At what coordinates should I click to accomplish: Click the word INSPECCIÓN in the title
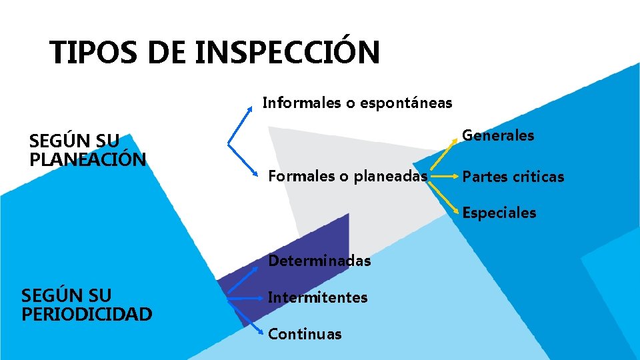(x=287, y=53)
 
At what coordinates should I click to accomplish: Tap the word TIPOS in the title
(x=94, y=53)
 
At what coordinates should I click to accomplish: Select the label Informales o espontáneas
(x=357, y=103)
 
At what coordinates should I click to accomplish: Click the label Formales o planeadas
(x=347, y=176)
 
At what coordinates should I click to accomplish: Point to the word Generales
(x=498, y=135)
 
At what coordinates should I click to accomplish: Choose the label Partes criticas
(x=513, y=177)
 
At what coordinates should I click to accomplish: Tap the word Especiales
(x=499, y=213)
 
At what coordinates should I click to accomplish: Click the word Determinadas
(x=319, y=261)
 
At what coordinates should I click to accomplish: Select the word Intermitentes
(x=317, y=297)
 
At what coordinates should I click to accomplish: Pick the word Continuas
(x=305, y=334)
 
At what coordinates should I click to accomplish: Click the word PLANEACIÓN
(x=87, y=160)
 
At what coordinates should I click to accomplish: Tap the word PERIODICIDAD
(x=87, y=313)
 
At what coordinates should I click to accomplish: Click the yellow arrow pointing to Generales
(x=443, y=152)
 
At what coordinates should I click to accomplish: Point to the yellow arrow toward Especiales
(x=444, y=198)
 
